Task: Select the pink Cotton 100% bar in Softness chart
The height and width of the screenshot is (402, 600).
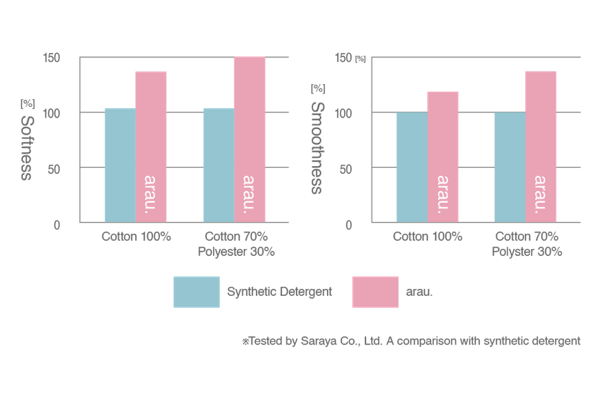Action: pyautogui.click(x=150, y=146)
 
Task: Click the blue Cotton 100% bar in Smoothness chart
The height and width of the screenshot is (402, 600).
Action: pyautogui.click(x=412, y=167)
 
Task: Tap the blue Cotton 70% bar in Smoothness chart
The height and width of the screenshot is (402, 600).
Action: pyautogui.click(x=510, y=167)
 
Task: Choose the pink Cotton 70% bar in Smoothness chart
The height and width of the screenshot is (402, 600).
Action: pyautogui.click(x=542, y=146)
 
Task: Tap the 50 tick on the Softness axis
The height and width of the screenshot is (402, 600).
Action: pyautogui.click(x=54, y=169)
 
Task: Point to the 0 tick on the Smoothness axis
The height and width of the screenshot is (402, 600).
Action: pyautogui.click(x=348, y=225)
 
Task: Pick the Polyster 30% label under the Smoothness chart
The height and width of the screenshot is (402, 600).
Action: pyautogui.click(x=527, y=251)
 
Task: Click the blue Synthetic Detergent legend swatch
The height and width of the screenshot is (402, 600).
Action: pyautogui.click(x=196, y=292)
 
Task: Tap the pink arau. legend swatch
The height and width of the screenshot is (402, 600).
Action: pyautogui.click(x=375, y=292)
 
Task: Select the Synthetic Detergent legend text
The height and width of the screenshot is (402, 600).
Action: pyautogui.click(x=279, y=292)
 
